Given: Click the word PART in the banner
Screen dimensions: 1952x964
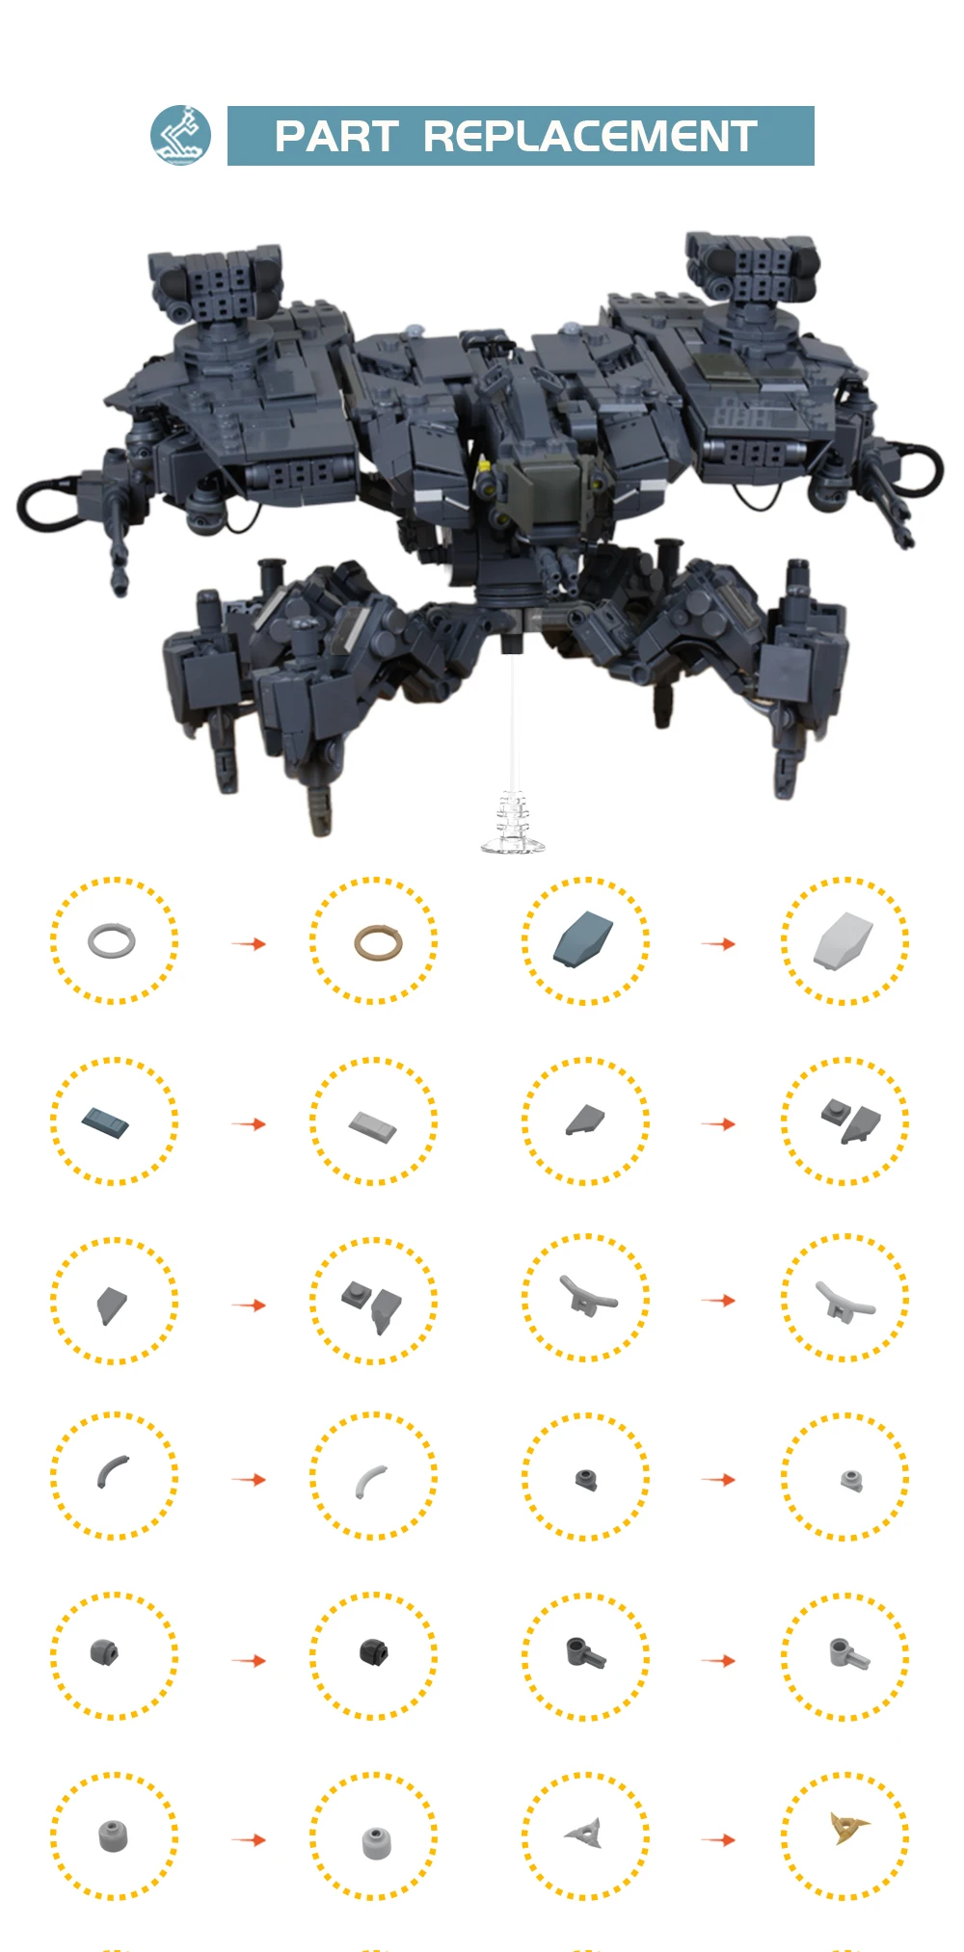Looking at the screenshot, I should tap(335, 137).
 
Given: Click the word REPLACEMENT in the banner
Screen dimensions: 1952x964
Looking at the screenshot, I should tap(590, 137).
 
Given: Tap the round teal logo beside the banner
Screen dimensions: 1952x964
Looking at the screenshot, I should tap(180, 136).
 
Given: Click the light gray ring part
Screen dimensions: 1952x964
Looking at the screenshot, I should tap(112, 941).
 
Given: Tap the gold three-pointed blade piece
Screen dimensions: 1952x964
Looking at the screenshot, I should tap(848, 1827).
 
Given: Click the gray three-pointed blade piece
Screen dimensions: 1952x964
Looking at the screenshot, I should tap(586, 1833).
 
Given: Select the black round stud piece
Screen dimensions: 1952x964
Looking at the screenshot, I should tap(374, 1651).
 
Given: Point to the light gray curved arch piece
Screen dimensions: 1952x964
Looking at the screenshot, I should tap(370, 1481).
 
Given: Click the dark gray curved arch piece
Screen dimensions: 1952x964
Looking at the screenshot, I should tap(112, 1470).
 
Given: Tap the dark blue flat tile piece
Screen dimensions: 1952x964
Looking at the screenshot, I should tap(106, 1122).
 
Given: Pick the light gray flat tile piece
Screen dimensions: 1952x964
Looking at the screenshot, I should tap(372, 1125).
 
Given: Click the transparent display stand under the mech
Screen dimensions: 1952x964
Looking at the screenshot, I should tap(512, 824).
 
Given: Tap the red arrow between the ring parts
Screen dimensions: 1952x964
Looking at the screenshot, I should tap(249, 943).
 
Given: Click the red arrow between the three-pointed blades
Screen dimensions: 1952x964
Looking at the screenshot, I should tap(718, 1839).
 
